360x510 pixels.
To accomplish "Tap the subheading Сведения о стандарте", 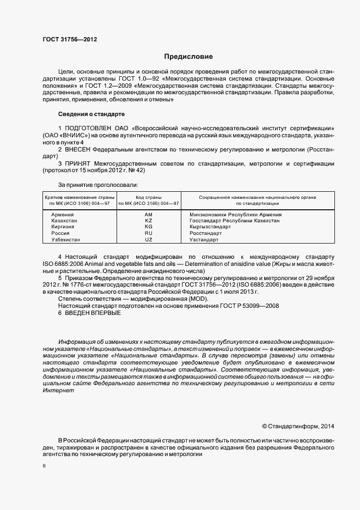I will [91, 114].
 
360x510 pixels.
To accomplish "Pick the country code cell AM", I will [148, 215].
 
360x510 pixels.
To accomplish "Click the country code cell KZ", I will [148, 221].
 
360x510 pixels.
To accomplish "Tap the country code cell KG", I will [148, 227].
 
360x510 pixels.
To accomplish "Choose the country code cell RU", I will [148, 233].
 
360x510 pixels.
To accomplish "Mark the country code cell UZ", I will [148, 240].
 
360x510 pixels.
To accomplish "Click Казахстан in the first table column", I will [64, 221].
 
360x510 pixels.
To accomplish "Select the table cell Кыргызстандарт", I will [211, 227].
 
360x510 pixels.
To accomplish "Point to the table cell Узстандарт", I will [204, 240].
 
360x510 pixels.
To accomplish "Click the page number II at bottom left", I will [44, 467].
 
